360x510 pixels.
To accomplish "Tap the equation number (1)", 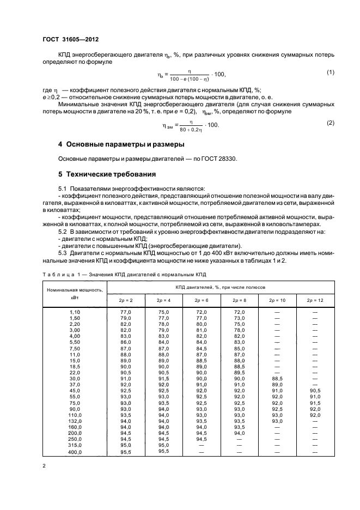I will coord(330,72).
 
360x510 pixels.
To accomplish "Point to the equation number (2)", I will coord(330,123).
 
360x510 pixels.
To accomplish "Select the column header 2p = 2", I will coord(126,300).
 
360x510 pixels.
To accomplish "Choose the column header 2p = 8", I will coord(240,300).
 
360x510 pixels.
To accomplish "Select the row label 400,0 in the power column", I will coord(75,452).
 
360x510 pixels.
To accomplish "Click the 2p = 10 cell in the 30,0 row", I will coord(277,378).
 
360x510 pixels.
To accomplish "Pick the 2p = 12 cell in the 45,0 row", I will coord(314,390).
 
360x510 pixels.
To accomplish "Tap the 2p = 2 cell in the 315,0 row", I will coord(126,445).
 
